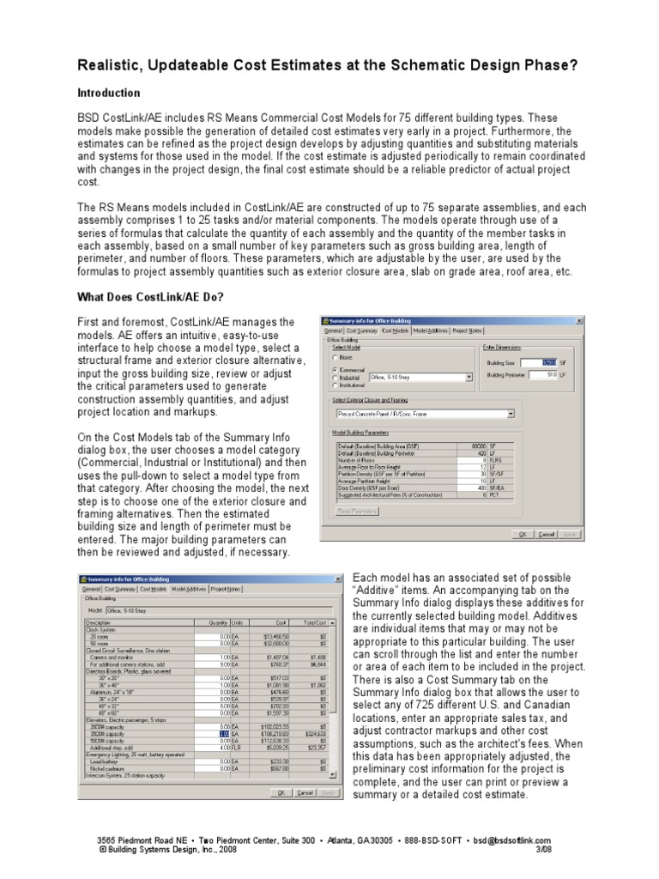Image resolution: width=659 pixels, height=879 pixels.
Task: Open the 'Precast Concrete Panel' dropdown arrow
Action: pos(511,414)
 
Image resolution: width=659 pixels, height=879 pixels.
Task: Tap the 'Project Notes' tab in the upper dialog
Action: pos(470,330)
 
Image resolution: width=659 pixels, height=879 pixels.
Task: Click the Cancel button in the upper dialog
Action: pos(546,533)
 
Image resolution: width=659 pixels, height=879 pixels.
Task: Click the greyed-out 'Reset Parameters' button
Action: pos(355,511)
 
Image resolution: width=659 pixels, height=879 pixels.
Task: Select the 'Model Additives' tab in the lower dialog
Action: pos(190,589)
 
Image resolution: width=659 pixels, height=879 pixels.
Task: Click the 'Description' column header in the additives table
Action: pos(100,622)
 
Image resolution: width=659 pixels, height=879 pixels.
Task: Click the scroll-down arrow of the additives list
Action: pos(333,774)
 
